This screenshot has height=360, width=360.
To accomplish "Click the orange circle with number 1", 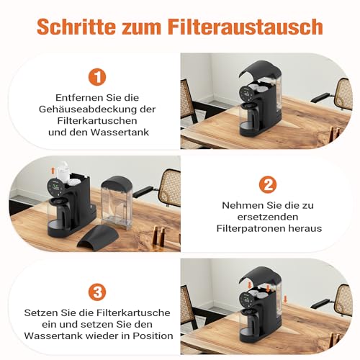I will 97,76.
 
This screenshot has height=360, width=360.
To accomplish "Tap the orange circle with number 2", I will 268,184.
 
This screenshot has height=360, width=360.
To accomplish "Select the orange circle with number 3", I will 97,292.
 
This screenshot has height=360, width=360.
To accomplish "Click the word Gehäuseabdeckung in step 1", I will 81,109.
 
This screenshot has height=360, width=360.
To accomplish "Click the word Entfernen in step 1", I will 73,96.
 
